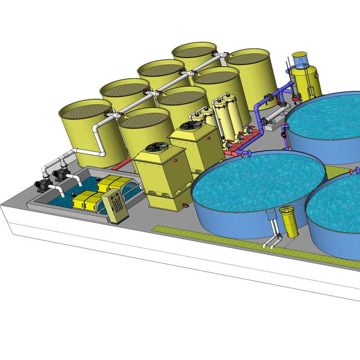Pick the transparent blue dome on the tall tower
(x=300, y=59)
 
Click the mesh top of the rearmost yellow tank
(x=196, y=50)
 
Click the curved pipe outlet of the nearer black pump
(x=77, y=180)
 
